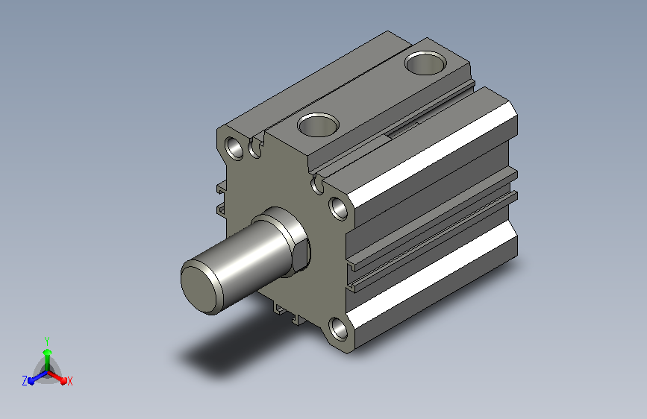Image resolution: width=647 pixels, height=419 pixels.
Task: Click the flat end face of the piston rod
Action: pyautogui.click(x=201, y=289)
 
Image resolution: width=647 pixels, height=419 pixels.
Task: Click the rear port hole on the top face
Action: pyautogui.click(x=425, y=63)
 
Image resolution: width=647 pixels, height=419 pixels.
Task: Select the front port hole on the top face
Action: pyautogui.click(x=318, y=125)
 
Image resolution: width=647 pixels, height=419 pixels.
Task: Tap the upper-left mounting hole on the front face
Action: pyautogui.click(x=235, y=148)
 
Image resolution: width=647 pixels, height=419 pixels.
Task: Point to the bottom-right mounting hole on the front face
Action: pyautogui.click(x=338, y=329)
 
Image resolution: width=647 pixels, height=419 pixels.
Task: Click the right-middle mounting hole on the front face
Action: pyautogui.click(x=338, y=208)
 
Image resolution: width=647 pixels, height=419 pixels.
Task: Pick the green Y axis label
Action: pyautogui.click(x=47, y=341)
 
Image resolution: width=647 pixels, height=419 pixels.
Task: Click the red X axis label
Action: pyautogui.click(x=69, y=382)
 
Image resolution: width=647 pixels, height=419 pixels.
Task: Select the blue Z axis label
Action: pyautogui.click(x=25, y=381)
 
